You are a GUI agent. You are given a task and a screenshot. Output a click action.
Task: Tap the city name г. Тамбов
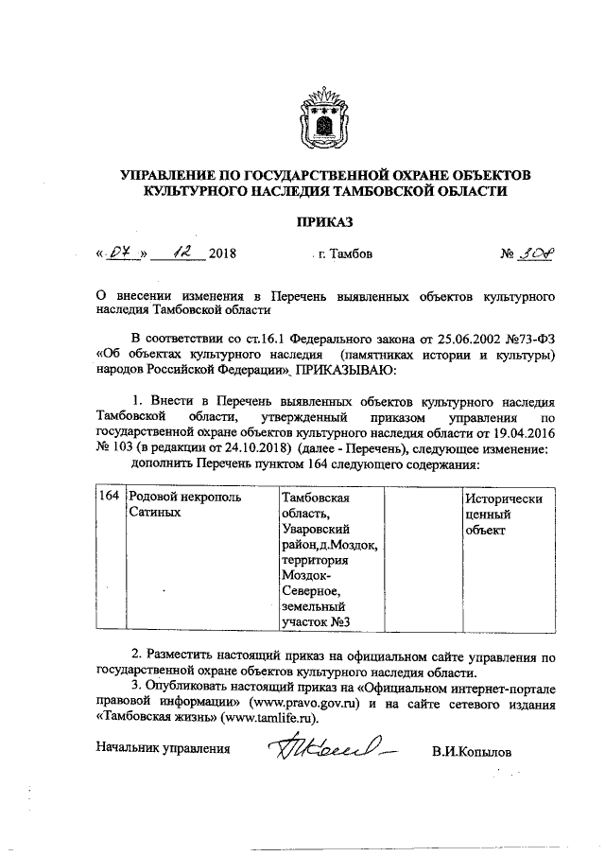click(x=346, y=254)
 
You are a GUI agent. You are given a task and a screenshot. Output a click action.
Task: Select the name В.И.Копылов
click(x=470, y=751)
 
